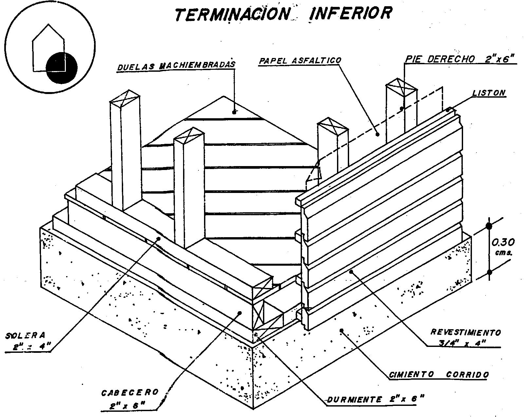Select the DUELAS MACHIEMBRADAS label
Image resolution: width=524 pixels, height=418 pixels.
click(176, 65)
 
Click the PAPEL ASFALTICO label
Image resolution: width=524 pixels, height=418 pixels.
click(300, 61)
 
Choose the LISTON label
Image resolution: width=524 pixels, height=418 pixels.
click(489, 93)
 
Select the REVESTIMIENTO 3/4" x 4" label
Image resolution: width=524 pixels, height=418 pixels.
click(465, 337)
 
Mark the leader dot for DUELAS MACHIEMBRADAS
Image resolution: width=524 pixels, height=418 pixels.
click(234, 112)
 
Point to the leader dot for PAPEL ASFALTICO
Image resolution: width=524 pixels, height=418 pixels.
click(377, 134)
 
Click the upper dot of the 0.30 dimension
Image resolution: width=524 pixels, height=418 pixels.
click(489, 226)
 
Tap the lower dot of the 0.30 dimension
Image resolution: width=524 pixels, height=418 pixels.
click(489, 272)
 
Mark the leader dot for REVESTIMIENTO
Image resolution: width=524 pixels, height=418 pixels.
click(351, 271)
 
